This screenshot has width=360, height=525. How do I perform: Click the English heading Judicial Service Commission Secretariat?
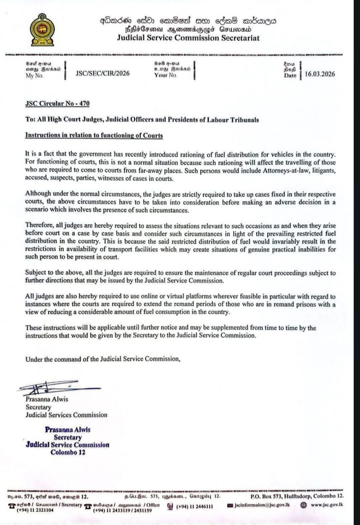click(188, 38)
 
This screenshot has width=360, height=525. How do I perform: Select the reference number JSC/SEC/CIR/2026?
click(103, 74)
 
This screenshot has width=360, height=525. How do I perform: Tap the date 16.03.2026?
click(320, 74)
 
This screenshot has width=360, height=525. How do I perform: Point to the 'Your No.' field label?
click(166, 75)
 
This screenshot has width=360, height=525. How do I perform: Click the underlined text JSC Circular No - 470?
click(57, 103)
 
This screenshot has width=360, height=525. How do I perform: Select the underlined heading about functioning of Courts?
click(94, 136)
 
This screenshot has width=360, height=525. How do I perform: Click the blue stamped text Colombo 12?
click(68, 452)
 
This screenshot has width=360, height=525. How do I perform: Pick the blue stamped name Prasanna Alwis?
click(68, 430)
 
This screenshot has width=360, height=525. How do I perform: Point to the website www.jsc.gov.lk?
click(327, 505)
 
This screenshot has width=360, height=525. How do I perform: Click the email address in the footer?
click(262, 505)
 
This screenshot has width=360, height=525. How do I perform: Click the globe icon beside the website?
click(304, 505)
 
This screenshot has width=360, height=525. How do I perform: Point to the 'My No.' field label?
click(35, 76)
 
